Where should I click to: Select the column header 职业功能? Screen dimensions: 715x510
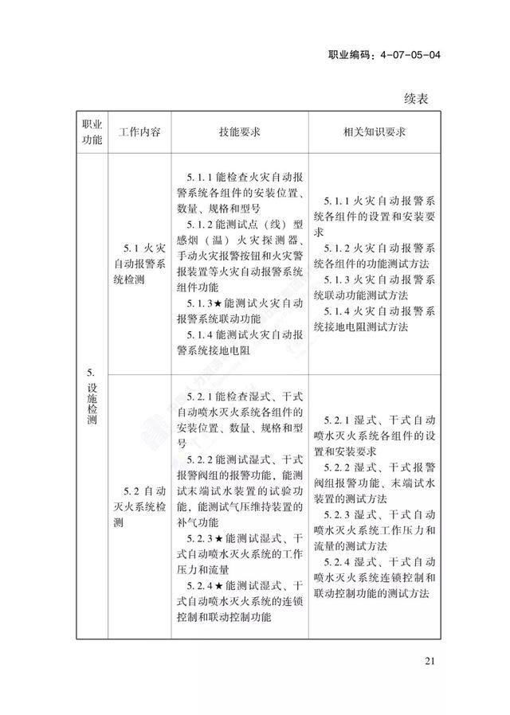click(92, 132)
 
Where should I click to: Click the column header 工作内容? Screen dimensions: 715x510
click(139, 132)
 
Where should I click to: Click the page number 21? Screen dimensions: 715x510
click(431, 661)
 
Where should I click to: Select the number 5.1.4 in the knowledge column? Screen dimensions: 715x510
click(339, 311)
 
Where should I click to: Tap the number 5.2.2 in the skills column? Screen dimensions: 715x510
click(200, 460)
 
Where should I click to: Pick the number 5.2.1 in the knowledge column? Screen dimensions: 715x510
click(339, 418)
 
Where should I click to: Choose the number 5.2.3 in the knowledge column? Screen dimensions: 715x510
click(339, 514)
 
